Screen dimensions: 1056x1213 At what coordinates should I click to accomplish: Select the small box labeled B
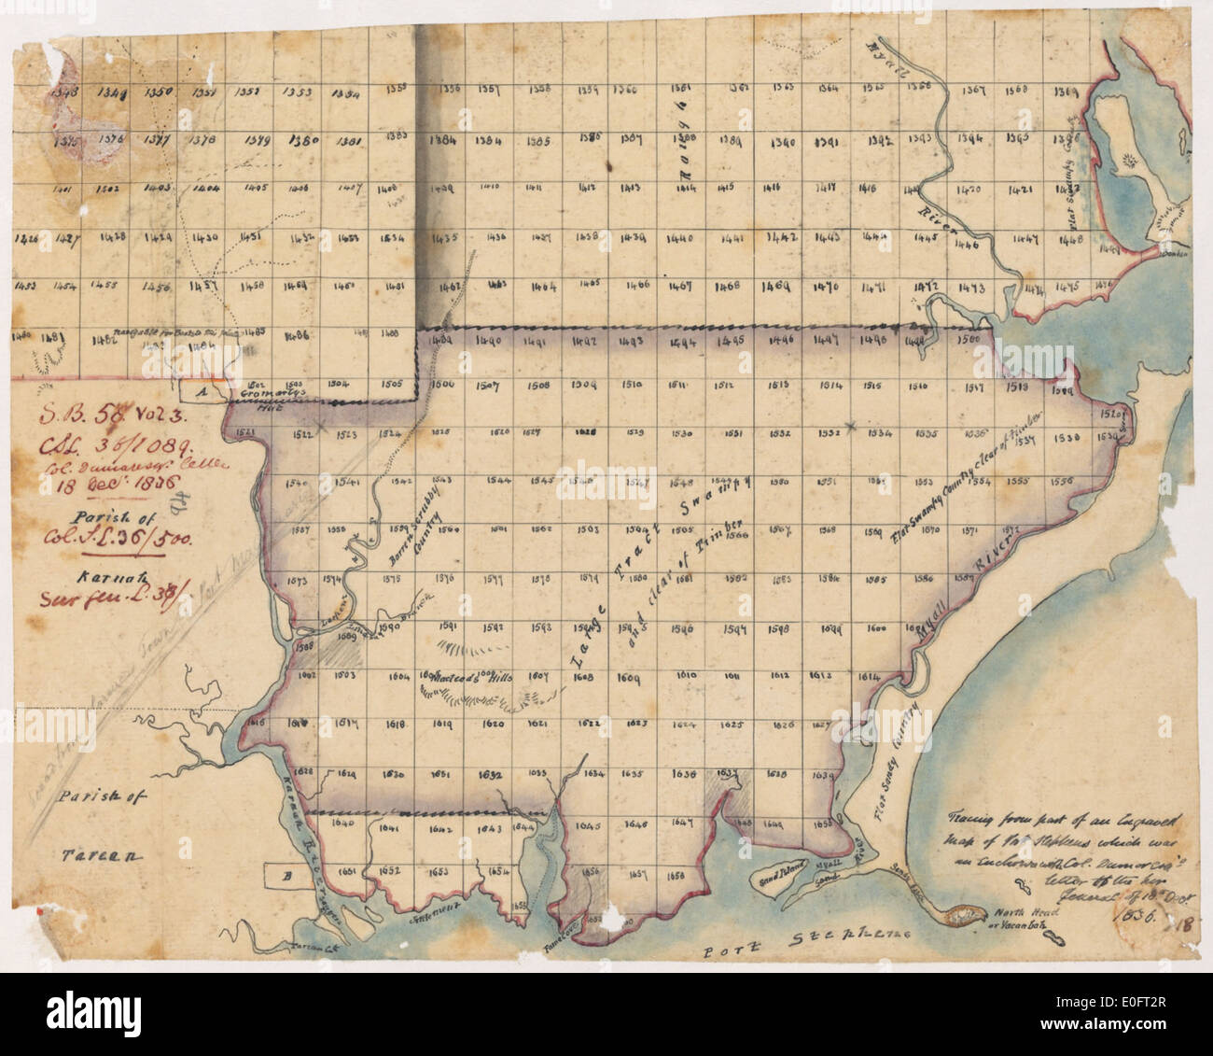pyautogui.click(x=287, y=876)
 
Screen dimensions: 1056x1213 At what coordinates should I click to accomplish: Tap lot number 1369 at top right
pyautogui.click(x=1066, y=92)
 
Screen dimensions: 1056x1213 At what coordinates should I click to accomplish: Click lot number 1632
pyautogui.click(x=492, y=774)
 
